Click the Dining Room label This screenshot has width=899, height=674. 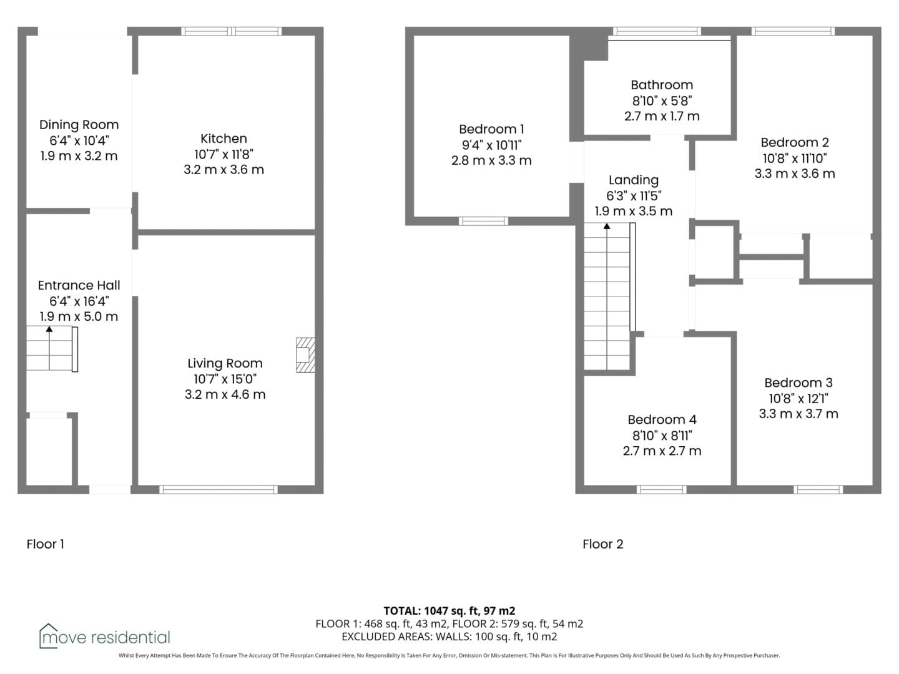(79, 125)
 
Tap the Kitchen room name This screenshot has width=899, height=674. (224, 139)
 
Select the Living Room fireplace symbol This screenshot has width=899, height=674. (305, 355)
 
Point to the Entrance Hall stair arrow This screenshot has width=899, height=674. (49, 348)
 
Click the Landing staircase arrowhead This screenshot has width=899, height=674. (607, 227)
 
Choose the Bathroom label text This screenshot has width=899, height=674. (662, 85)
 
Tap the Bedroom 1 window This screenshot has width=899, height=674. (483, 222)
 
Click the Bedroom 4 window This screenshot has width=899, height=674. (661, 489)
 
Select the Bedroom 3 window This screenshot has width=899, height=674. (818, 489)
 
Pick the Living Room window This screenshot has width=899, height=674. (219, 489)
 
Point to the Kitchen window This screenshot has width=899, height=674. (232, 31)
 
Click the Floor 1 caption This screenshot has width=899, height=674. (46, 544)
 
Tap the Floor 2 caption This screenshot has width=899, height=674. (603, 544)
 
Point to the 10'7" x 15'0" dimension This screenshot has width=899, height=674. (225, 379)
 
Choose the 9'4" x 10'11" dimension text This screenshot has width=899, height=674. (491, 145)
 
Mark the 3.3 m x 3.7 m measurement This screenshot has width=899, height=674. (798, 414)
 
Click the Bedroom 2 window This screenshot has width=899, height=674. (793, 31)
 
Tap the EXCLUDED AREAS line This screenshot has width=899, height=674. (449, 637)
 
